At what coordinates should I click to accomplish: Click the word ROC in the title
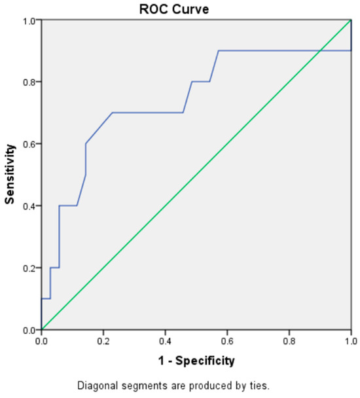point(154,9)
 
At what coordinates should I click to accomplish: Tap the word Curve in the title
point(190,9)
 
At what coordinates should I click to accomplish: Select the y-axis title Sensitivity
point(10,174)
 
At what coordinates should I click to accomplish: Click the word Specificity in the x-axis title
point(205,361)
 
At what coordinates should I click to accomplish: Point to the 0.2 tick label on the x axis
point(103,342)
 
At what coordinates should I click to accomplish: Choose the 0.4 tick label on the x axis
point(166,342)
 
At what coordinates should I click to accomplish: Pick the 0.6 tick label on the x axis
point(227,342)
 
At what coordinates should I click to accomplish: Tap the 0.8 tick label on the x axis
point(289,342)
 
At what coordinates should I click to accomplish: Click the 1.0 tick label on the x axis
point(351,342)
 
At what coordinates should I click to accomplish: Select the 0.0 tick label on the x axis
point(41,342)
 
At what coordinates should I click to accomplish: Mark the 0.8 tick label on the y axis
point(29,82)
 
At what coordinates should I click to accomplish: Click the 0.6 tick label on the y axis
point(29,143)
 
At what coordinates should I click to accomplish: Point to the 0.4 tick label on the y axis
point(29,206)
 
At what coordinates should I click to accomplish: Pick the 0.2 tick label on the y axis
point(29,268)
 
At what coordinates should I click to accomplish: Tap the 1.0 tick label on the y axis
point(29,20)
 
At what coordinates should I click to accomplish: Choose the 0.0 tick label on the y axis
point(29,330)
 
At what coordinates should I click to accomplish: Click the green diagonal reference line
point(196,175)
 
